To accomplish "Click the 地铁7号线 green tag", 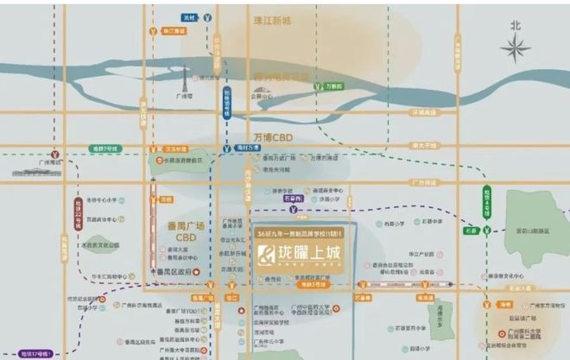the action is pos(106,148).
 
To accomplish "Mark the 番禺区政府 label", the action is pos(174,273).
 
